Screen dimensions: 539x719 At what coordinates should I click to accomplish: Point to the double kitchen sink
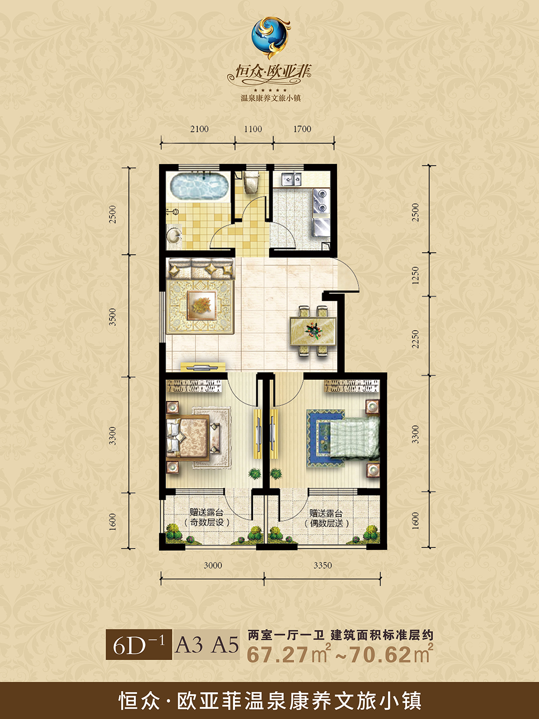pyautogui.click(x=291, y=178)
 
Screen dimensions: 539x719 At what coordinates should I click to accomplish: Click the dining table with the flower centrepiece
pyautogui.click(x=313, y=331)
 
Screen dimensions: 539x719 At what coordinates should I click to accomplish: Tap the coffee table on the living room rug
pyautogui.click(x=202, y=305)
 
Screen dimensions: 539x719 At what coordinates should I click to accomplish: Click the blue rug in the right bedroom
pyautogui.click(x=325, y=438)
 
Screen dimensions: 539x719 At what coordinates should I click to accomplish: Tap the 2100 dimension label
pyautogui.click(x=199, y=129)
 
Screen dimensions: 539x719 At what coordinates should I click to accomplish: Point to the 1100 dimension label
pyautogui.click(x=253, y=129)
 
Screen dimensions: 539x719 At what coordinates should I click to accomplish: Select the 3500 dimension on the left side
pyautogui.click(x=113, y=317)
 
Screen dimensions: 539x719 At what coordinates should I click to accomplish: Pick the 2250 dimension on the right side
pyautogui.click(x=415, y=339)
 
